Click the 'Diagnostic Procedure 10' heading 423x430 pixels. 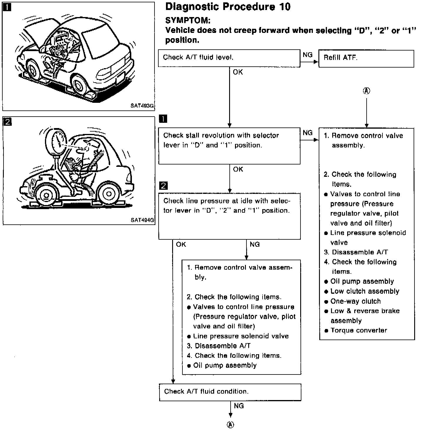pyautogui.click(x=228, y=7)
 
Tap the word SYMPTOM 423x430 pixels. pyautogui.click(x=188, y=20)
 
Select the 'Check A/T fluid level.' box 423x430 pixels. pyautogui.click(x=229, y=58)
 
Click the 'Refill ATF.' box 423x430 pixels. pyautogui.click(x=366, y=58)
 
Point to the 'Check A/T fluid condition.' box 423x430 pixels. pyautogui.click(x=230, y=392)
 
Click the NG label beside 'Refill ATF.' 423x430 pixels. pyautogui.click(x=308, y=55)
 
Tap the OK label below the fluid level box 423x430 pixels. pyautogui.click(x=238, y=72)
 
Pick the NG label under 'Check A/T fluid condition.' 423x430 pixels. pyautogui.click(x=239, y=406)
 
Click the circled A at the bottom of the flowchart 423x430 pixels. pyautogui.click(x=231, y=425)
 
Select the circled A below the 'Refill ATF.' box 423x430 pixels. pyautogui.click(x=366, y=91)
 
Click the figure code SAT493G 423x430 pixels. pyautogui.click(x=142, y=106)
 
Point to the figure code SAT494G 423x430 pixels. pyautogui.click(x=142, y=220)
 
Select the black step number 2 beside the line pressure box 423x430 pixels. pyautogui.click(x=163, y=186)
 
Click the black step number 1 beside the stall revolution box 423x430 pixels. pyautogui.click(x=163, y=119)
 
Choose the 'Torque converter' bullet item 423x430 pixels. pyautogui.click(x=358, y=330)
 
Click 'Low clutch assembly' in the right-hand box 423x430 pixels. pyautogui.click(x=365, y=291)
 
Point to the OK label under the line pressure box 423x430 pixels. pyautogui.click(x=181, y=244)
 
